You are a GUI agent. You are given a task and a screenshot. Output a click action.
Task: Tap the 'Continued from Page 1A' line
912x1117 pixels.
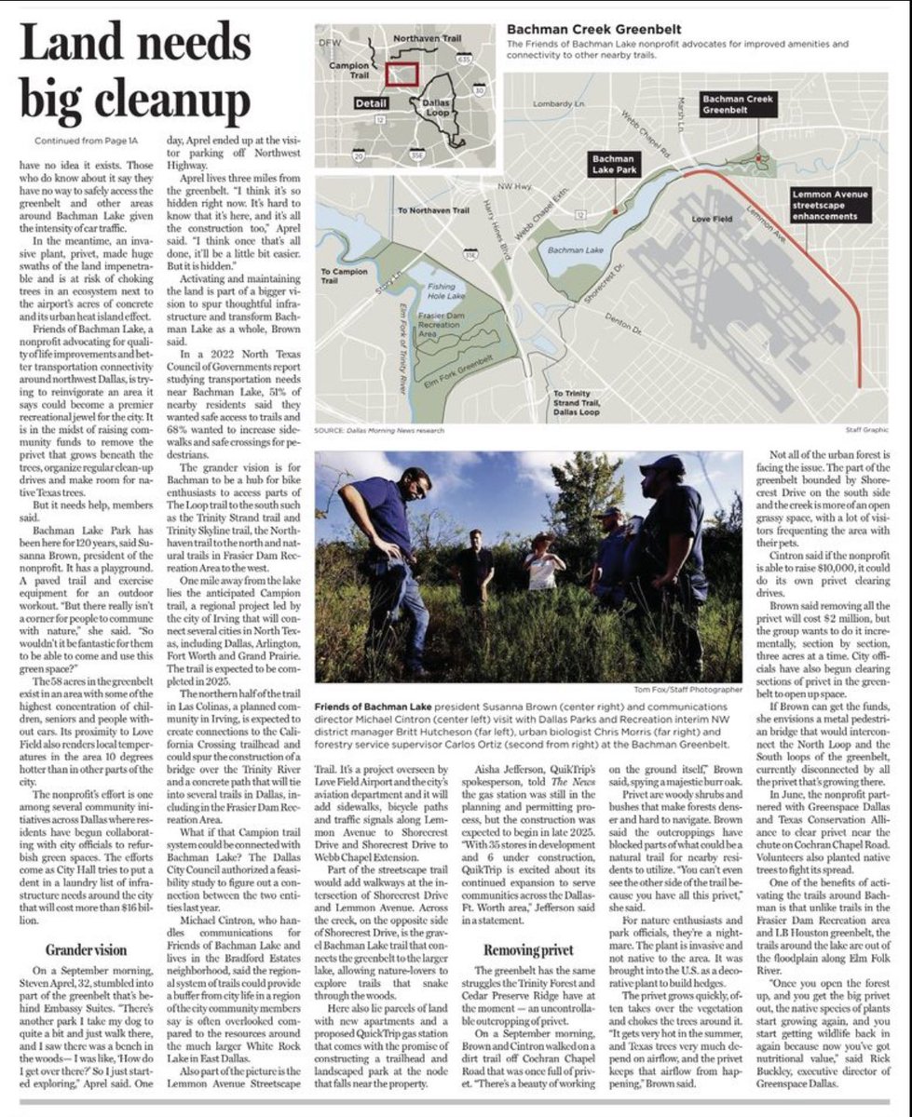pos(82,141)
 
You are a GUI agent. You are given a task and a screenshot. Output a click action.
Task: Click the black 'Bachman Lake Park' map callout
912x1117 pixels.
pos(615,166)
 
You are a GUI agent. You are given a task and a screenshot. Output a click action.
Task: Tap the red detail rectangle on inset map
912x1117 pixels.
pos(402,74)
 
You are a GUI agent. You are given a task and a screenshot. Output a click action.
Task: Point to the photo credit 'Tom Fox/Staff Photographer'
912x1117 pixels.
pos(691,690)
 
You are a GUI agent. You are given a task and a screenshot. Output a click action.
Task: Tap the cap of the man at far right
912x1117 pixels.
pos(662,463)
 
